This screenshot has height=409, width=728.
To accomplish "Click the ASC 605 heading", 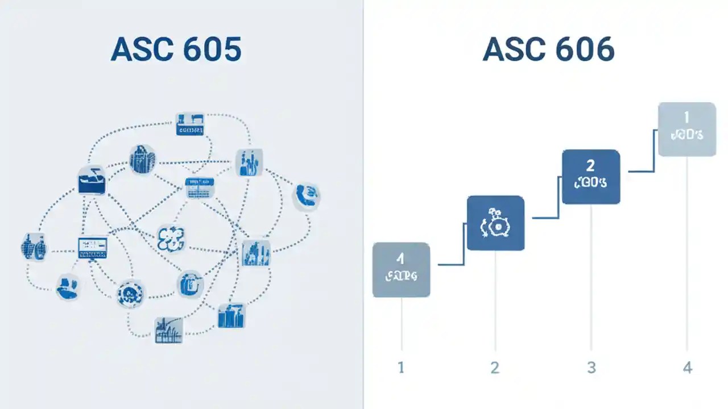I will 176,50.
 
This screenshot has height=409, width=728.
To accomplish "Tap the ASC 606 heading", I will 548,50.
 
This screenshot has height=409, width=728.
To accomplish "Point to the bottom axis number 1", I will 401,368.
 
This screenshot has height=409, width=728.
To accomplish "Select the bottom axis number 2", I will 495,368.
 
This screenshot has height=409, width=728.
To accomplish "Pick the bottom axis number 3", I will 591,368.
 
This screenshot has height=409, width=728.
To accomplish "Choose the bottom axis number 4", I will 687,368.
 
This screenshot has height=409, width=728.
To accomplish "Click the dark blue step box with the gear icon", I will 495,223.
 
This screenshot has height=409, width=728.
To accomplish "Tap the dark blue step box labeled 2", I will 590,177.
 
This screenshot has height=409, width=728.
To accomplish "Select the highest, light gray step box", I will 686,129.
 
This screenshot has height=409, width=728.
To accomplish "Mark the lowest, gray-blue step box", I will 401,270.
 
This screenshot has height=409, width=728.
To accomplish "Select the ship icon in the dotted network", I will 92,180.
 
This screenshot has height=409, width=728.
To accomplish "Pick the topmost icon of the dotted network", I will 190,123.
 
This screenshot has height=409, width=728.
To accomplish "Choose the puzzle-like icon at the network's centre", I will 171,238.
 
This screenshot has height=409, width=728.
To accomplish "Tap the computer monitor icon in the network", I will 93,247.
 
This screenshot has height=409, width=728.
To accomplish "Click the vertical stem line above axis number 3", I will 591,273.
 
